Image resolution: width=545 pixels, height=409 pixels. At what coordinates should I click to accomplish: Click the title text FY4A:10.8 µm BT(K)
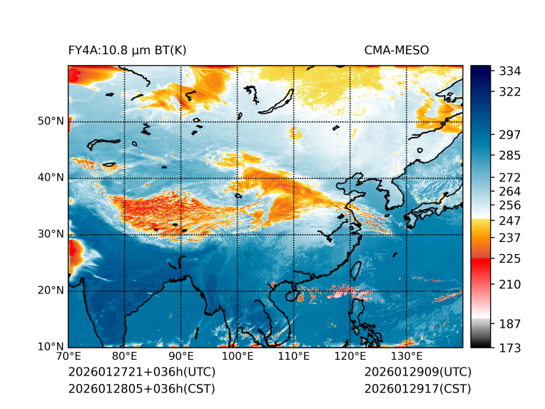[127, 50]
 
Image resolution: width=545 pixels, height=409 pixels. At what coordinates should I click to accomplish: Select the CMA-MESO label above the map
[397, 50]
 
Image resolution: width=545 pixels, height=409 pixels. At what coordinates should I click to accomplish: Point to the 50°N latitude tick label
[50, 121]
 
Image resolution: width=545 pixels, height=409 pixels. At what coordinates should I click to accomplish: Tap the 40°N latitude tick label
[50, 177]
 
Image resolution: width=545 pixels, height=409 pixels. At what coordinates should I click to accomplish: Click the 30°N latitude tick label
[50, 233]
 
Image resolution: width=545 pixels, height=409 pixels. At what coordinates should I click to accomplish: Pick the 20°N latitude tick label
[50, 290]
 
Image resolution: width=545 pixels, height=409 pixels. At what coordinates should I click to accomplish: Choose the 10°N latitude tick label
[50, 347]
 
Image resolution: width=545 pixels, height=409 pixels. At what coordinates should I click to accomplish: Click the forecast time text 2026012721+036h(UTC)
[141, 372]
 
